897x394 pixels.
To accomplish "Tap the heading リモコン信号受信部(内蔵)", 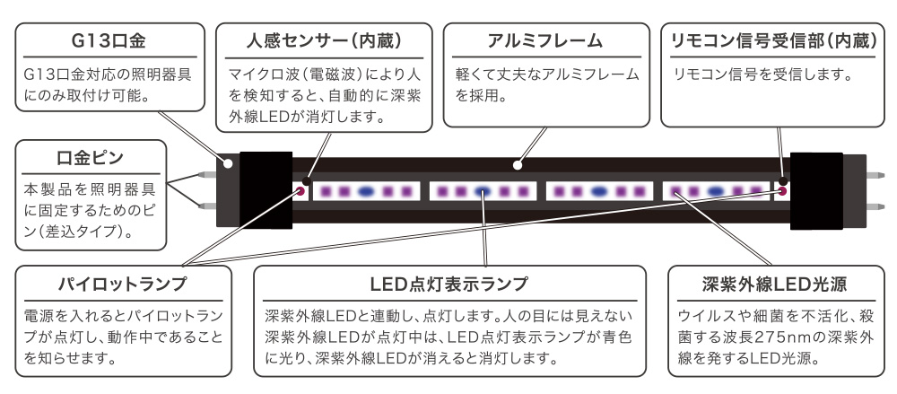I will [x=770, y=40].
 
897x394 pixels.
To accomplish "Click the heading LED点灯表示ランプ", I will [x=448, y=285].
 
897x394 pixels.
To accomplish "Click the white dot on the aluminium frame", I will [x=518, y=165].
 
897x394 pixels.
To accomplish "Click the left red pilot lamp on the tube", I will [x=300, y=191].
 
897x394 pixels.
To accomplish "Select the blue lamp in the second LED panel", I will [x=483, y=191].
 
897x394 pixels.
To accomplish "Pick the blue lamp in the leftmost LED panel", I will [x=366, y=191].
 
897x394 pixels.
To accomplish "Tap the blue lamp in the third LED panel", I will [x=599, y=191].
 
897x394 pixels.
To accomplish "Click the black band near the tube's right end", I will [x=817, y=190].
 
